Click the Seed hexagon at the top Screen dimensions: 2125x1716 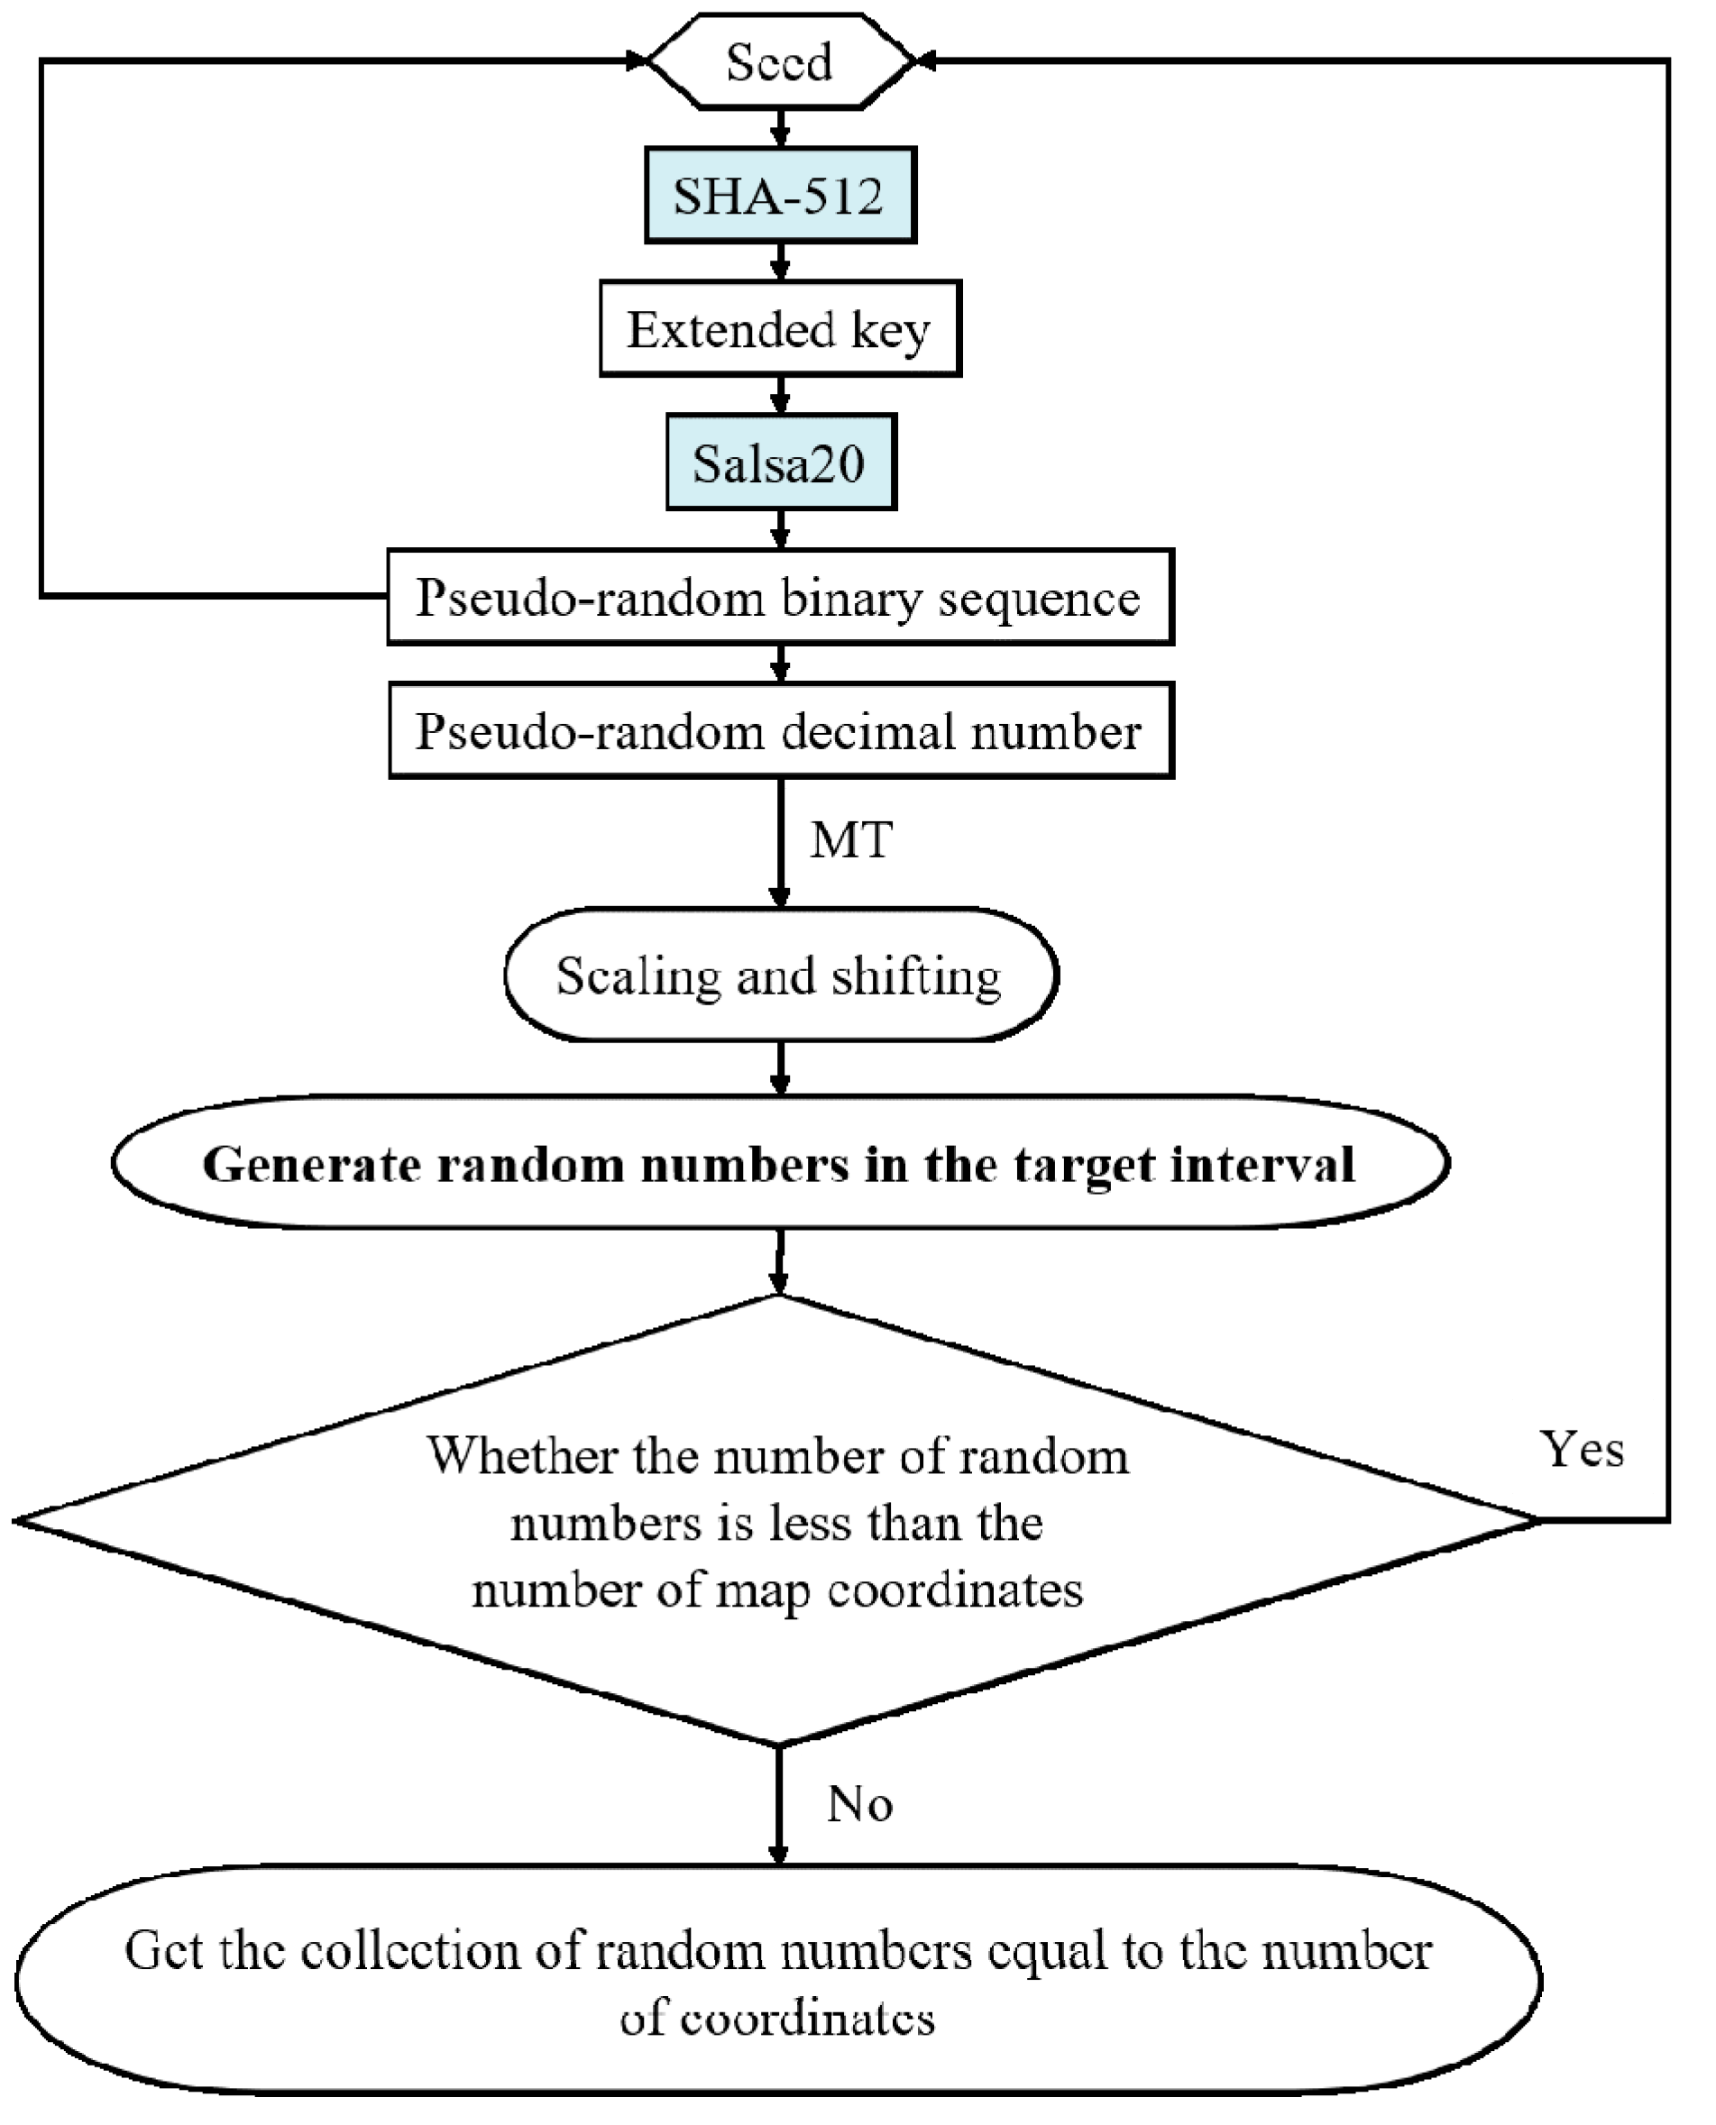pyautogui.click(x=779, y=61)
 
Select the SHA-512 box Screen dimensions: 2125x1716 pyautogui.click(x=779, y=195)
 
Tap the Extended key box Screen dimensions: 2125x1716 pyautogui.click(x=779, y=328)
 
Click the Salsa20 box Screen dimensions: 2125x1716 pyautogui.click(x=779, y=463)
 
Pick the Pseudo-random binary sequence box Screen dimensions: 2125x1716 pyautogui.click(x=779, y=597)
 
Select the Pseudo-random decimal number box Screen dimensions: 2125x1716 pyautogui.click(x=779, y=730)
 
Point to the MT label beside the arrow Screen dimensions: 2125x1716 pyautogui.click(x=850, y=840)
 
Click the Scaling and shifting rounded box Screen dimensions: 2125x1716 pyautogui.click(x=779, y=975)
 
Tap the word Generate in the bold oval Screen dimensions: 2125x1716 pyautogui.click(x=312, y=1163)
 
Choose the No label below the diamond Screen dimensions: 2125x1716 pyautogui.click(x=859, y=1804)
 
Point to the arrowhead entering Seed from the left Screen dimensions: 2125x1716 pyautogui.click(x=635, y=61)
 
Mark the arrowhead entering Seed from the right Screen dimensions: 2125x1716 pyautogui.click(x=926, y=61)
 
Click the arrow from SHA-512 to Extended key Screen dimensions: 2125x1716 pyautogui.click(x=779, y=262)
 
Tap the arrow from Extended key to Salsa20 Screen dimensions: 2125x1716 pyautogui.click(x=779, y=396)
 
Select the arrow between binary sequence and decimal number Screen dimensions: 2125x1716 pyautogui.click(x=779, y=664)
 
